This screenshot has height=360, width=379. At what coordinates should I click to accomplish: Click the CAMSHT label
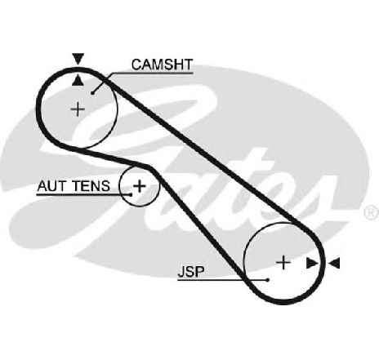coord(162,64)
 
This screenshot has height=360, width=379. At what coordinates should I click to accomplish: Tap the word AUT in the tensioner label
coord(51,186)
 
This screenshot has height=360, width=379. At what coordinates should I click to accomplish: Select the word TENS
coord(91,186)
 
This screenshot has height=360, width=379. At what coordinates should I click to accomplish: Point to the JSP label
coord(191,272)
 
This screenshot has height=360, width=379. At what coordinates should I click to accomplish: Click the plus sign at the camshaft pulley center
coord(78,109)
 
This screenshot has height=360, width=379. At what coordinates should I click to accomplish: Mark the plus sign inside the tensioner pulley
coord(140,186)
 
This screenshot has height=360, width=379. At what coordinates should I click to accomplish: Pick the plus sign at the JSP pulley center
coord(283,263)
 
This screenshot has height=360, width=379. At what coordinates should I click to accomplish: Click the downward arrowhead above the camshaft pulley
coord(78,59)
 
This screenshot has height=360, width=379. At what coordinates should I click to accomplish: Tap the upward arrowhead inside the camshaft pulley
coord(78,81)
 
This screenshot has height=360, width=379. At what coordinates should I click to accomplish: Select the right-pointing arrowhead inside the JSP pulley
coord(312,263)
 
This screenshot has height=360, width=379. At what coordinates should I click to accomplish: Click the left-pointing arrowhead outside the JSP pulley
coord(334,263)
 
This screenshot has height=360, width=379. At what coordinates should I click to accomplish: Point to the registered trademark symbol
coord(372,212)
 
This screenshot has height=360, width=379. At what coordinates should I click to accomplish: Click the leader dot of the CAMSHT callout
coord(92,93)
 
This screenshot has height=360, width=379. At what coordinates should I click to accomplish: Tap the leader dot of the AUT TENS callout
coord(131,194)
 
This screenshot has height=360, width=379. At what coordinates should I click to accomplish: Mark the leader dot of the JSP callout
coord(268,279)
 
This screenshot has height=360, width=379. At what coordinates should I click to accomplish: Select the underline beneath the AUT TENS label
coord(83,195)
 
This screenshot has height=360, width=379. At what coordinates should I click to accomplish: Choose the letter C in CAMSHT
coord(136,64)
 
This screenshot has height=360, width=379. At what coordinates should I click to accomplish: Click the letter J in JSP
coord(181,272)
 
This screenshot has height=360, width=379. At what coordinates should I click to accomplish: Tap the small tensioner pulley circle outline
coord(120,186)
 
